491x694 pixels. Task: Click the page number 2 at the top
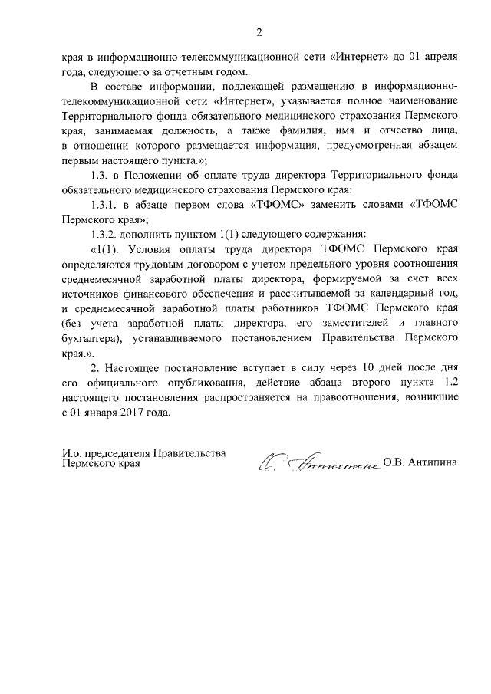pos(259,32)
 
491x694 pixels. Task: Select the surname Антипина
pos(431,462)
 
